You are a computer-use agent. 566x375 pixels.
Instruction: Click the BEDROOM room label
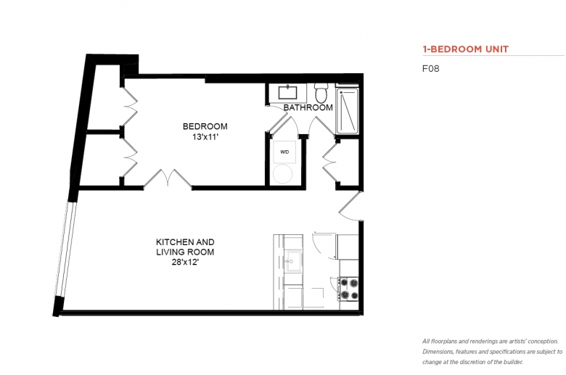(205, 126)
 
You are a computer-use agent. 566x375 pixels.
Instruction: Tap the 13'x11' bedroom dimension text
(205, 137)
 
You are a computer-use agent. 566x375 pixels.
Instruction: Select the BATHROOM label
(308, 107)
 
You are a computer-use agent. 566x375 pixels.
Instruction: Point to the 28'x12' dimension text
(185, 263)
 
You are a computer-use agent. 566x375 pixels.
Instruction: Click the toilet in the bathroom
(321, 92)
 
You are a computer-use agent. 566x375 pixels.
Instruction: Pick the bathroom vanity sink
(287, 92)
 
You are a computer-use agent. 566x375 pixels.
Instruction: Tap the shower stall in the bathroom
(347, 111)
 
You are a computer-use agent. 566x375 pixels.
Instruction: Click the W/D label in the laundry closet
(284, 152)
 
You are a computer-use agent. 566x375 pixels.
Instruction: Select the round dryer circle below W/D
(283, 174)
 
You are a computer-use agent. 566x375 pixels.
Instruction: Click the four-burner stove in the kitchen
(348, 289)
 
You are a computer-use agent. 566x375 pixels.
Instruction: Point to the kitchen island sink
(293, 261)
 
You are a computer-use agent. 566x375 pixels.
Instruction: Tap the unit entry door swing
(350, 207)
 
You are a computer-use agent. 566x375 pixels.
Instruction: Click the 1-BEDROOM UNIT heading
(466, 49)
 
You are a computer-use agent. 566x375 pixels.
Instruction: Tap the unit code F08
(430, 69)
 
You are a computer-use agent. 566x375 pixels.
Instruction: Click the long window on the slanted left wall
(66, 250)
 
